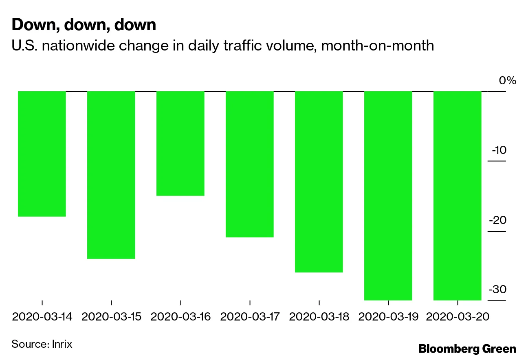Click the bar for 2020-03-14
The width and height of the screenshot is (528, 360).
pyautogui.click(x=42, y=154)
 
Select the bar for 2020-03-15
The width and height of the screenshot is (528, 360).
pyautogui.click(x=111, y=175)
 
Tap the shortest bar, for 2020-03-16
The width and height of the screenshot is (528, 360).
pyautogui.click(x=180, y=143)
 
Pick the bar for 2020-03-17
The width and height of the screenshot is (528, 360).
pyautogui.click(x=249, y=164)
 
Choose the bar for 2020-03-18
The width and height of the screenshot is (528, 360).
pyautogui.click(x=319, y=182)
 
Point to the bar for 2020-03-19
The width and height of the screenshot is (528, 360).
pyautogui.click(x=388, y=195)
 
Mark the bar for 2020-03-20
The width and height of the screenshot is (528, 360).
pyautogui.click(x=457, y=195)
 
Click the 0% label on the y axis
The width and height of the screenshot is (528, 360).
pyautogui.click(x=507, y=80)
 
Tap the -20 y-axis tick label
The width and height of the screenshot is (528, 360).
pyautogui.click(x=497, y=220)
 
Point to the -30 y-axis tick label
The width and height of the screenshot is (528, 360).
pyautogui.click(x=497, y=290)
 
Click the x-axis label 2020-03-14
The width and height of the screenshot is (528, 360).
pyautogui.click(x=42, y=317)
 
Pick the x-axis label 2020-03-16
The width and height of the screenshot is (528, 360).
pyautogui.click(x=180, y=317)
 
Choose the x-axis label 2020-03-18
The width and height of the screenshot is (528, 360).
pyautogui.click(x=319, y=317)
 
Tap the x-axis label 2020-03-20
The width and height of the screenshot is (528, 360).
pyautogui.click(x=458, y=317)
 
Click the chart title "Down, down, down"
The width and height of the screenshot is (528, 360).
pyautogui.click(x=84, y=25)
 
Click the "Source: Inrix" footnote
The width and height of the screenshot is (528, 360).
pyautogui.click(x=42, y=344)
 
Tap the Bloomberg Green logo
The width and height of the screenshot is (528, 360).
pyautogui.click(x=467, y=349)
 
